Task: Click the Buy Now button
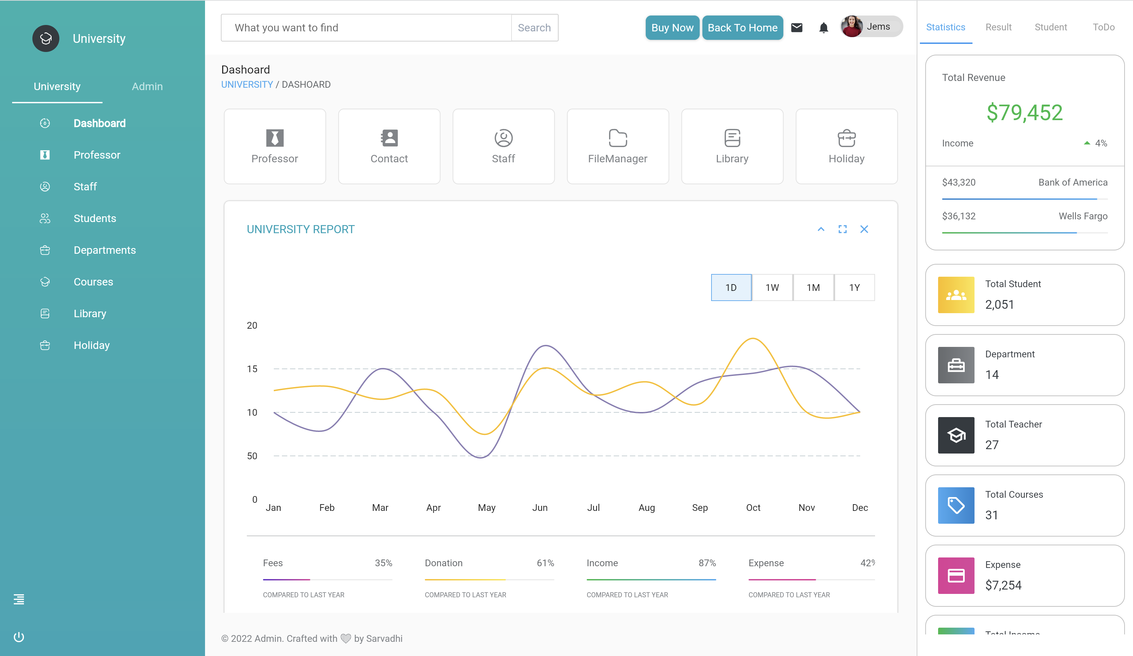tap(672, 28)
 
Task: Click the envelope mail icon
tap(797, 28)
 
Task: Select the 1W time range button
tap(772, 288)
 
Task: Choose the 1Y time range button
tap(854, 288)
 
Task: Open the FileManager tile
tap(618, 146)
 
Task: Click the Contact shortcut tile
tap(389, 146)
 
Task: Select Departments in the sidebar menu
tap(104, 250)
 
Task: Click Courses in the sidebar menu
tap(93, 282)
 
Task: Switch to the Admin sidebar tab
tap(147, 86)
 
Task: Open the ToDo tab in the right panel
tap(1103, 27)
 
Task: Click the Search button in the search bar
tap(534, 28)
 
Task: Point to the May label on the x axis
tap(487, 508)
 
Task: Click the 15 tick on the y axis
tap(252, 369)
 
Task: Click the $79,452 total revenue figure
tap(1024, 112)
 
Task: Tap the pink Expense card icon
tap(956, 575)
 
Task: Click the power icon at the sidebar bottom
tap(19, 637)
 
